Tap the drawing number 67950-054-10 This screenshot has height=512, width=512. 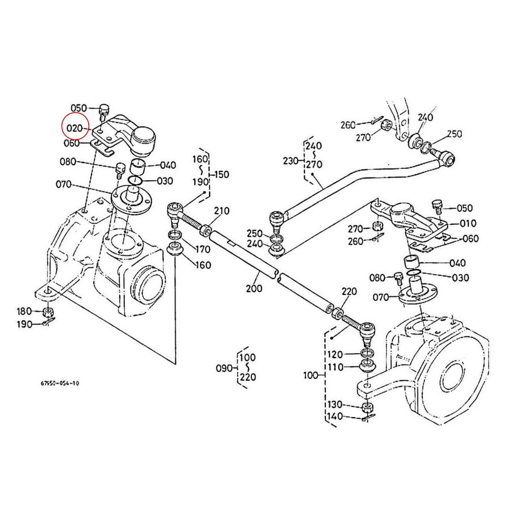coord(60,383)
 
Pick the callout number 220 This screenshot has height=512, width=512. coord(349,292)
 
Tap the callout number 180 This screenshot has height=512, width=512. coord(24,311)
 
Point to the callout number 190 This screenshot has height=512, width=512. coord(24,324)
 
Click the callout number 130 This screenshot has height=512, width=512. coord(335,404)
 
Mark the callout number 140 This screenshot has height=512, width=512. coord(335,416)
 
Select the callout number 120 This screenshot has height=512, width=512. coord(335,355)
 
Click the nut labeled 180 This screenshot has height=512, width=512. coord(49,312)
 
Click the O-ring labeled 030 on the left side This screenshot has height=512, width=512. coord(135,181)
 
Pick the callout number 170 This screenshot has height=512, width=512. coord(203,249)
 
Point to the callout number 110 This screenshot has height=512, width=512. coord(335,367)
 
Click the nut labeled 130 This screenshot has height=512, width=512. coord(367,407)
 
